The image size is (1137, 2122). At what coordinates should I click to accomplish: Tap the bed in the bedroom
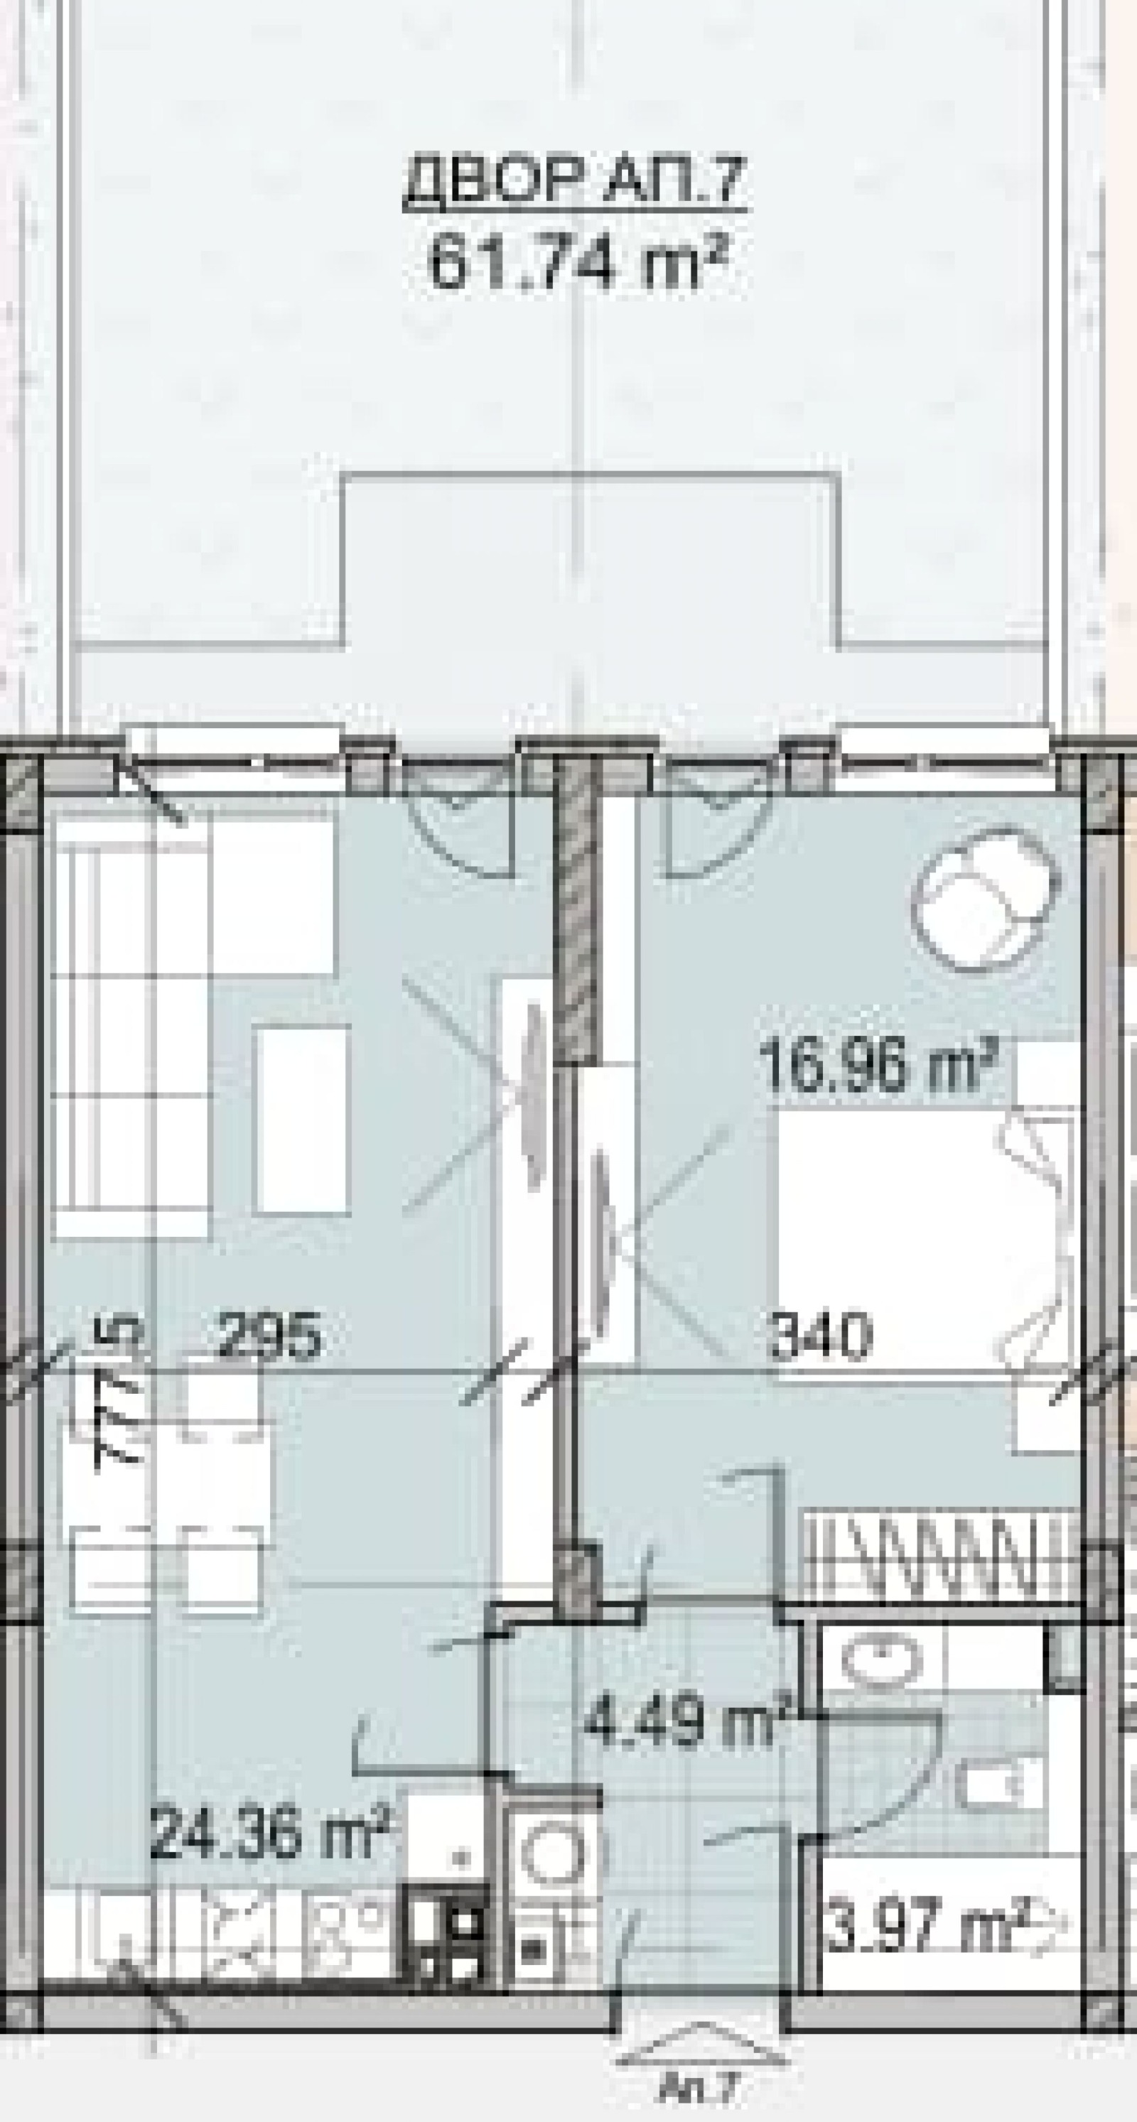pos(923,1235)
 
